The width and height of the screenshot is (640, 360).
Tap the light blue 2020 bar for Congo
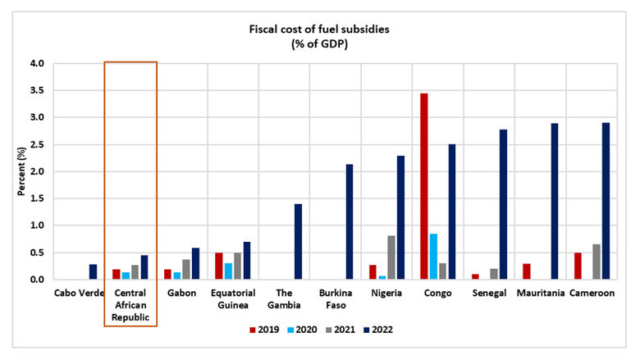pyautogui.click(x=433, y=257)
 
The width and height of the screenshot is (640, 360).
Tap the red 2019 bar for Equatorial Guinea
pyautogui.click(x=219, y=266)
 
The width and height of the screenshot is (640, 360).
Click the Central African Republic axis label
pyautogui.click(x=130, y=303)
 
